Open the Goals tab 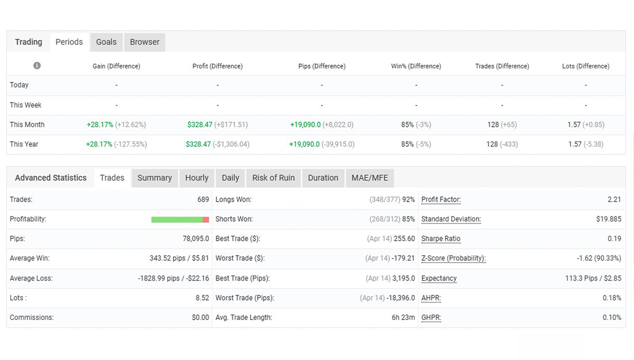pyautogui.click(x=106, y=42)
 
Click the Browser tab pyautogui.click(x=145, y=42)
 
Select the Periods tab pyautogui.click(x=69, y=42)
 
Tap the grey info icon pyautogui.click(x=37, y=66)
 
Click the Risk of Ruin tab pyautogui.click(x=273, y=178)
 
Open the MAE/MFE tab pyautogui.click(x=369, y=178)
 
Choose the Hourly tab pyautogui.click(x=197, y=178)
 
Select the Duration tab pyautogui.click(x=323, y=178)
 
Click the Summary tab pyautogui.click(x=154, y=178)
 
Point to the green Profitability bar pyautogui.click(x=177, y=219)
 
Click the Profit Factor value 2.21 pyautogui.click(x=614, y=200)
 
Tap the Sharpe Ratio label pyautogui.click(x=441, y=239)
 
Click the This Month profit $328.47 pyautogui.click(x=200, y=125)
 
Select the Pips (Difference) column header pyautogui.click(x=322, y=66)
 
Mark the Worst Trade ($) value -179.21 pyautogui.click(x=403, y=259)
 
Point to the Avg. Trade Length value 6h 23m pyautogui.click(x=403, y=317)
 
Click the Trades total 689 pyautogui.click(x=203, y=200)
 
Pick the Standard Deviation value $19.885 pyautogui.click(x=609, y=219)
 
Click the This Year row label pyautogui.click(x=24, y=145)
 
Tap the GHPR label pyautogui.click(x=431, y=317)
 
